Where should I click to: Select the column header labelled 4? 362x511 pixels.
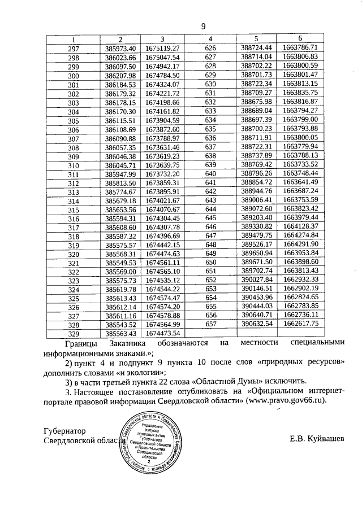click(210, 39)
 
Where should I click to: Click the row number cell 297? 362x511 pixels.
click(73, 48)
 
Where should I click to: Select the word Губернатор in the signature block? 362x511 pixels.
click(67, 430)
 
